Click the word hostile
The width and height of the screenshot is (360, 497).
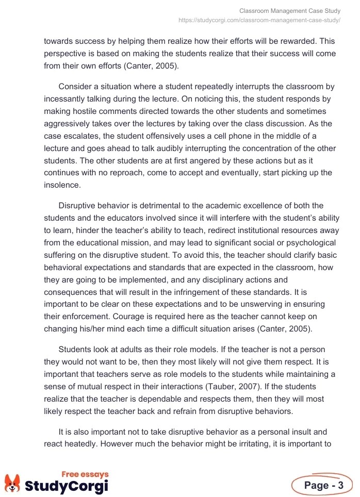click(91, 110)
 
